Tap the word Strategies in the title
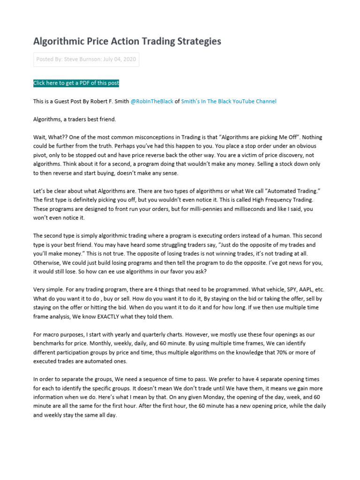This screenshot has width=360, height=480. [x=197, y=41]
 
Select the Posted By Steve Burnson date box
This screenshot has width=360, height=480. [x=86, y=60]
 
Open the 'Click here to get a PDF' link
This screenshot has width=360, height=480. [x=76, y=83]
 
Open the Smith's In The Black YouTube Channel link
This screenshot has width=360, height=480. [x=229, y=101]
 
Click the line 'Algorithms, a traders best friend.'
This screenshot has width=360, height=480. [x=75, y=120]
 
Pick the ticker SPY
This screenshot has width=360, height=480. [x=288, y=290]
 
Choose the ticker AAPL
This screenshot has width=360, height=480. [x=306, y=290]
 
